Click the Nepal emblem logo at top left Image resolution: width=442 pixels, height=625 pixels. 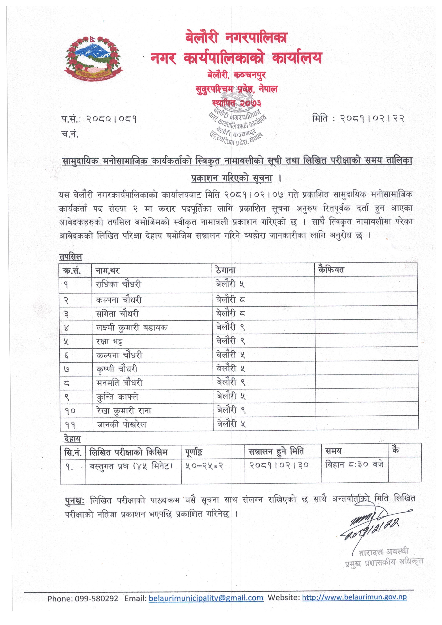coord(93,58)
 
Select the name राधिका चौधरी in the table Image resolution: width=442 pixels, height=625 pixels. coord(118,284)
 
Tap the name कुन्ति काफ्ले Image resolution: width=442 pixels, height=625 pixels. coord(117,397)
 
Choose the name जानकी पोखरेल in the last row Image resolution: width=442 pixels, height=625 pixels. coord(121,424)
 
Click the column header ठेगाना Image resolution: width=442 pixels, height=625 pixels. coord(225,270)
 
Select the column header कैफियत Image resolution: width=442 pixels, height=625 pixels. coord(331,270)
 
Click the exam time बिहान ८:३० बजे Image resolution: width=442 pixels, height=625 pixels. coord(354,464)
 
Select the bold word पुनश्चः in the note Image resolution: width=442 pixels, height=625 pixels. coord(74,501)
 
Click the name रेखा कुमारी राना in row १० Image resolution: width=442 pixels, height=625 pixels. coord(124,410)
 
